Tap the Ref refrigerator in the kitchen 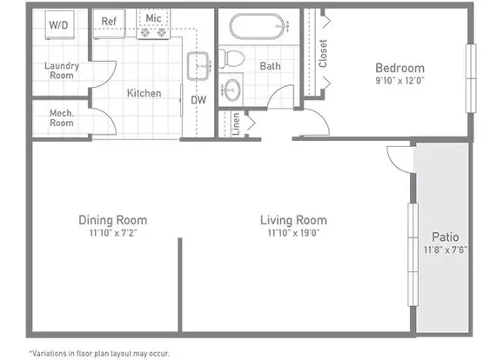click(x=109, y=23)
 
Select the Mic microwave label click(x=153, y=18)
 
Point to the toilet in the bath click(x=231, y=59)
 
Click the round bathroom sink click(x=231, y=90)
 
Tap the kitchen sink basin click(x=198, y=66)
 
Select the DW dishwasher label click(x=198, y=100)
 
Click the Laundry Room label click(x=62, y=70)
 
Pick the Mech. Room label click(x=62, y=118)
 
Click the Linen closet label click(x=236, y=124)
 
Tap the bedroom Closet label click(x=323, y=53)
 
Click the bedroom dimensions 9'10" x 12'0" click(x=399, y=80)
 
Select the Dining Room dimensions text click(x=113, y=233)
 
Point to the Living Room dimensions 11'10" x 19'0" click(x=293, y=233)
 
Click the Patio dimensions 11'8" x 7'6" click(x=446, y=250)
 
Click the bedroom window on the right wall click(x=471, y=78)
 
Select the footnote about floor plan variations click(x=99, y=354)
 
